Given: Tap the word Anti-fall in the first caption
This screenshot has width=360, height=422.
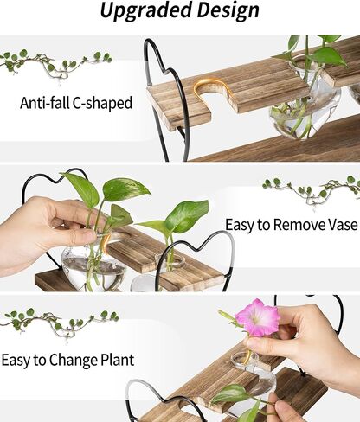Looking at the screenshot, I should pos(47,103).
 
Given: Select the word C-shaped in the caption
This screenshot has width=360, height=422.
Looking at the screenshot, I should pos(105,103).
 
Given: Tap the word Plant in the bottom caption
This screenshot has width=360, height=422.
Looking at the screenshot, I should pos(138,358).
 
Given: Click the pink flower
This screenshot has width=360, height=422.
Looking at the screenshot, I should pos(257,317).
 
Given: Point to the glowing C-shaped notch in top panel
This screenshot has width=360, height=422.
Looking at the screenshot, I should pos(207,90).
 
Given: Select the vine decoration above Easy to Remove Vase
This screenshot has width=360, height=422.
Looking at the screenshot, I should pos(310,189).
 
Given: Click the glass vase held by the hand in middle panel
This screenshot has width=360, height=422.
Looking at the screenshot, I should pos(91,264).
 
